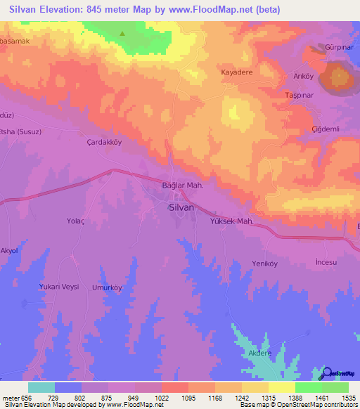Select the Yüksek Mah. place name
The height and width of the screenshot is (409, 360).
click(231, 221)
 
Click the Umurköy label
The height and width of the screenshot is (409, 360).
click(108, 287)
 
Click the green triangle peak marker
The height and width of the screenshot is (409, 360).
click(124, 33)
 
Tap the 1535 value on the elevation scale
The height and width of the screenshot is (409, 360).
click(349, 398)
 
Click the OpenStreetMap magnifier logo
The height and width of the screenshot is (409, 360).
click(326, 372)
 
